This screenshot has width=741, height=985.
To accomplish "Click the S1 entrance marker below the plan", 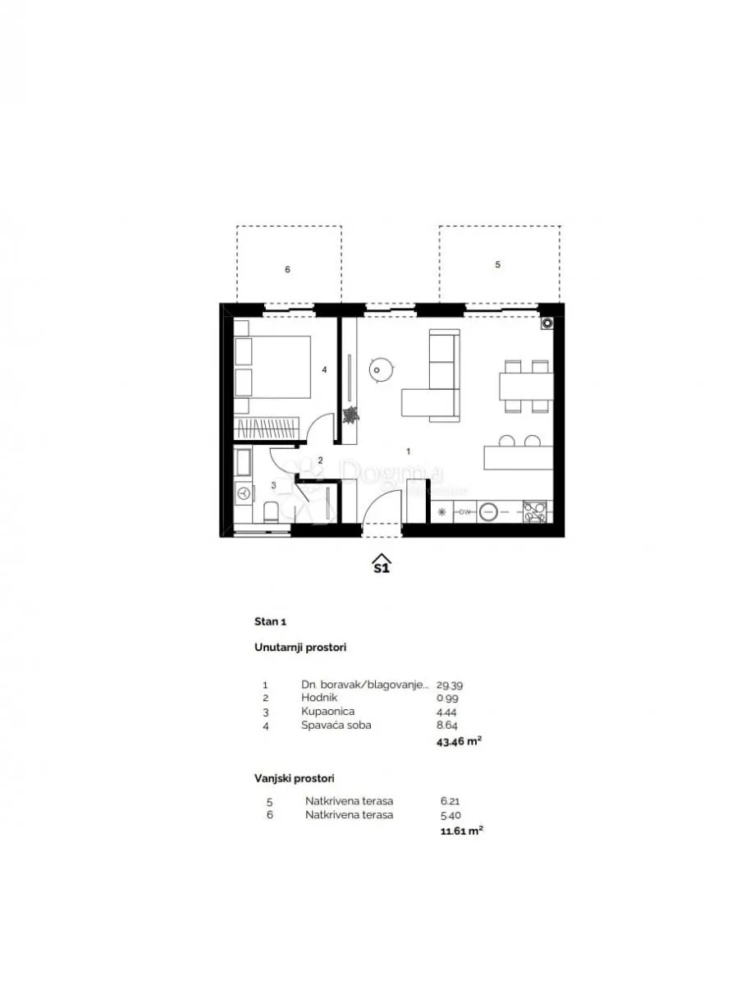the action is (x=382, y=564).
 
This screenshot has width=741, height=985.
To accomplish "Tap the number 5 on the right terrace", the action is (x=497, y=265).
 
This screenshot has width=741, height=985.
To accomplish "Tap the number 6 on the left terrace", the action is (x=287, y=269).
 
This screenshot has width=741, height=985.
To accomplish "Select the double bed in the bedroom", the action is (x=272, y=367).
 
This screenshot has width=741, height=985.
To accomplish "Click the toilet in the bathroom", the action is (x=271, y=511).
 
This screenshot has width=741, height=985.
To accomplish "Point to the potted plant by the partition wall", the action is (x=350, y=415).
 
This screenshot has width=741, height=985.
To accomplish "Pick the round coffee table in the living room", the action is (x=382, y=369).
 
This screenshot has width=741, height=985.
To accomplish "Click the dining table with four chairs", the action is (x=526, y=386).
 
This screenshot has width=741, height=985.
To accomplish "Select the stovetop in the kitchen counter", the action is (x=535, y=511).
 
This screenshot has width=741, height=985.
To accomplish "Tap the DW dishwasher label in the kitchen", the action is (x=464, y=511).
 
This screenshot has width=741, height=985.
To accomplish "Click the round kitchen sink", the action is (x=488, y=511).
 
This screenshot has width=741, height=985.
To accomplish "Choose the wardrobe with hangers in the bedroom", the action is (x=267, y=428).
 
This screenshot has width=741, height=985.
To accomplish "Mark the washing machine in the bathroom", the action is (x=244, y=493).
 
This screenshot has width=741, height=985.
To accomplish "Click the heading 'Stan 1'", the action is (x=270, y=621).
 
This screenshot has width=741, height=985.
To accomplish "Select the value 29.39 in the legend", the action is (x=450, y=685).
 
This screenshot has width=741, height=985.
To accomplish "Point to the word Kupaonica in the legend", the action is (x=328, y=712).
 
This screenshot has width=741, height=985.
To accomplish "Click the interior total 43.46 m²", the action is (x=459, y=741).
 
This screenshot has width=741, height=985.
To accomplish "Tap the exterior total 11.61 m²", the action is (x=462, y=831).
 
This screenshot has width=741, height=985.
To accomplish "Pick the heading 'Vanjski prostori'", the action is (x=295, y=778).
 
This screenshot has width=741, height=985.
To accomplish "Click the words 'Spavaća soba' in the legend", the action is (x=336, y=725).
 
